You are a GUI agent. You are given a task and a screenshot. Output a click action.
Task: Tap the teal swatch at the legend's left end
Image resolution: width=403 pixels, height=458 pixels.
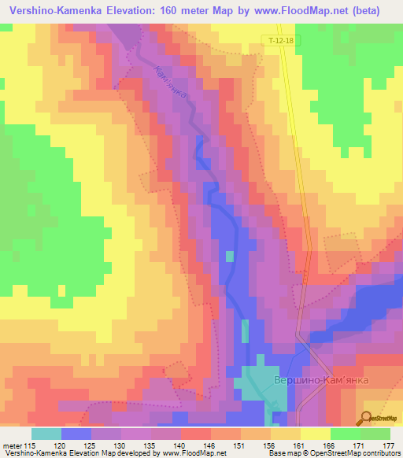(46, 433)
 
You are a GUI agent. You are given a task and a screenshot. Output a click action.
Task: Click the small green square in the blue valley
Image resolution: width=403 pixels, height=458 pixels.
(230, 257)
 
